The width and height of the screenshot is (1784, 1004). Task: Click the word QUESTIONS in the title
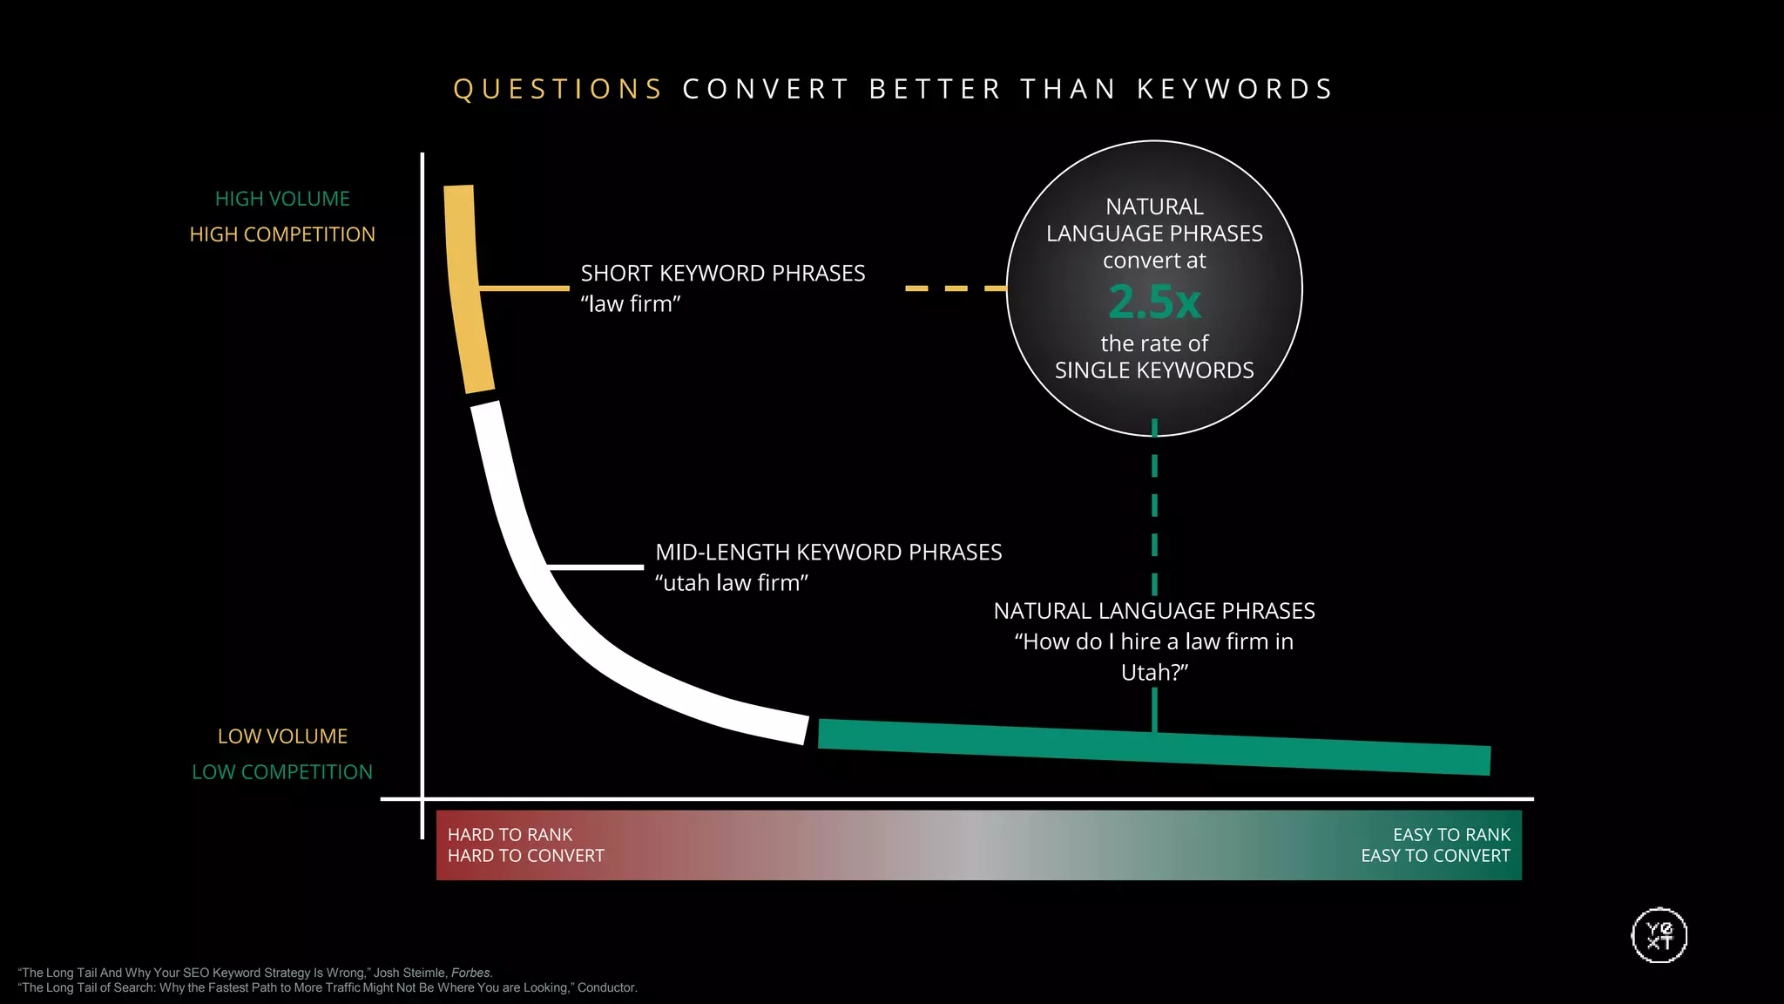click(x=558, y=89)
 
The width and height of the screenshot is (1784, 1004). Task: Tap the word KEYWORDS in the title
click(x=1235, y=89)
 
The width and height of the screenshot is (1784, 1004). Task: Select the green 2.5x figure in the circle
click(x=1154, y=302)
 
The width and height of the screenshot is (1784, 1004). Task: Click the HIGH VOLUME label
click(x=282, y=199)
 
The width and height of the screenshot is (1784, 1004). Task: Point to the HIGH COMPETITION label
click(x=282, y=234)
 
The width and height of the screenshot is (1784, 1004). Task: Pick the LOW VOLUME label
click(x=282, y=736)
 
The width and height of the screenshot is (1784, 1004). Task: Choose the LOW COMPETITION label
click(x=282, y=772)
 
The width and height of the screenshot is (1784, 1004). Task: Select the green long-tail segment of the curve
click(x=1150, y=746)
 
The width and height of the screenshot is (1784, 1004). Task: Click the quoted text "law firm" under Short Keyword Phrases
click(x=631, y=304)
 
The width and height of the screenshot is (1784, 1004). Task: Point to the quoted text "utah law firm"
click(x=732, y=583)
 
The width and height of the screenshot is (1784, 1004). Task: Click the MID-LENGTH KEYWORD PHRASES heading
click(x=828, y=553)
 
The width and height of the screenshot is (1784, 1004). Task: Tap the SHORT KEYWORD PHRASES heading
click(x=723, y=274)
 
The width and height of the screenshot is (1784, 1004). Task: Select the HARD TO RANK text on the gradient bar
click(x=510, y=835)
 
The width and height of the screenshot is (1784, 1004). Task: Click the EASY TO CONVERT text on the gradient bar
click(x=1436, y=856)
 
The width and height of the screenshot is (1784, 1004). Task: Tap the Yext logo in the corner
click(x=1659, y=936)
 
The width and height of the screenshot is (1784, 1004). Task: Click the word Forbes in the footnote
click(x=471, y=973)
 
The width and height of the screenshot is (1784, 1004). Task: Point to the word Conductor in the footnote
click(x=606, y=987)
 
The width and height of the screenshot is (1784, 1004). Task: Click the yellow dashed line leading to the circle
click(x=956, y=288)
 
